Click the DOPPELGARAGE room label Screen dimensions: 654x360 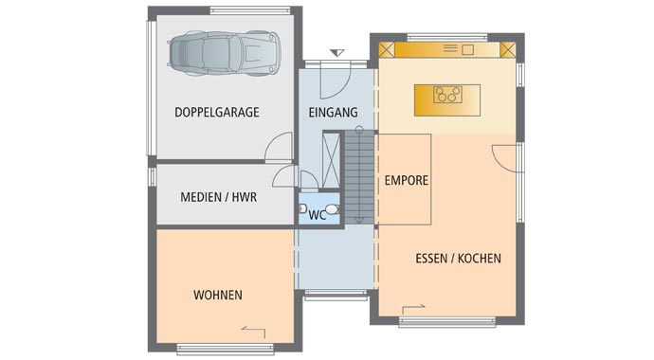[217, 112]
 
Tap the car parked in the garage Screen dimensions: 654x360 [224, 53]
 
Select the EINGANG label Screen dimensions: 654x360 [334, 113]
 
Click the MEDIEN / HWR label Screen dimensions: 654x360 [219, 197]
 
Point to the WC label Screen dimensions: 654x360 [317, 215]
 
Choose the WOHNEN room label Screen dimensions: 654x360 [218, 295]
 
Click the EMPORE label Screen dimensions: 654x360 [407, 180]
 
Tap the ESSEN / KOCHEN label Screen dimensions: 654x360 [459, 259]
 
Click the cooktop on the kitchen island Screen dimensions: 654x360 [447, 95]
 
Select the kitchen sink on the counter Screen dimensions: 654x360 [468, 50]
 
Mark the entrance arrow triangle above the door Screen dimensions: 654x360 [337, 52]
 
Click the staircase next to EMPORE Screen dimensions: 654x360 [359, 177]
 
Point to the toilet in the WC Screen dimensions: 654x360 [333, 209]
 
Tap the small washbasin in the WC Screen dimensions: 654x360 [302, 208]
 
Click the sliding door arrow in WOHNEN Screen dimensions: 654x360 [253, 332]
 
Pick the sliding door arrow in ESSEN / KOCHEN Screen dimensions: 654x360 [413, 309]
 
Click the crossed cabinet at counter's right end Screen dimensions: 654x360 [508, 50]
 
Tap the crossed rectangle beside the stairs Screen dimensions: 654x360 [331, 160]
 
